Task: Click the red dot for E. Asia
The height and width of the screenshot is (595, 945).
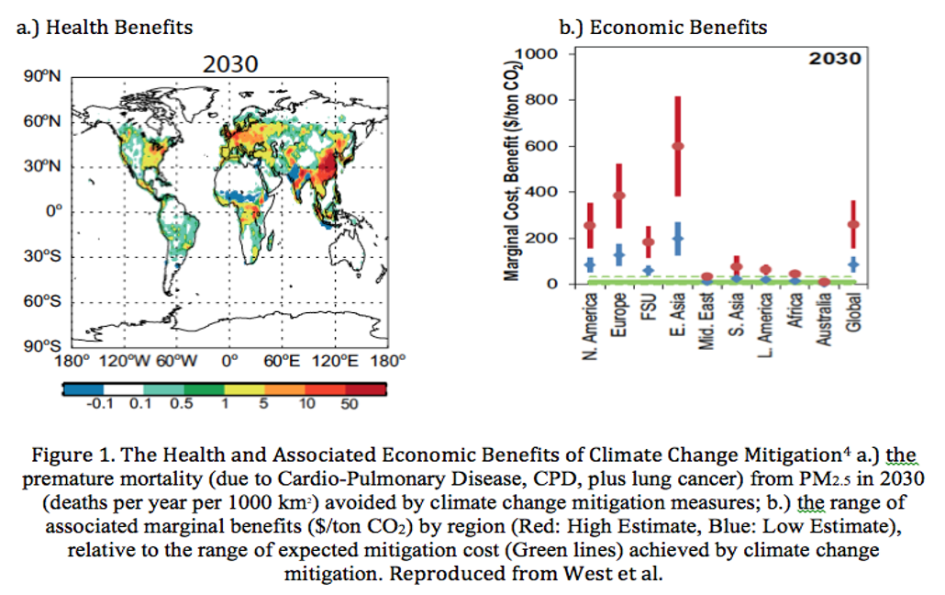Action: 678,146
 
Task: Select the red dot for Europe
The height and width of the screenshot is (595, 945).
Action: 619,196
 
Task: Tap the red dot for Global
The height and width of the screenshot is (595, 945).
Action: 853,224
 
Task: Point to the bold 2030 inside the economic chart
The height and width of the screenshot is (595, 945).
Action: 834,60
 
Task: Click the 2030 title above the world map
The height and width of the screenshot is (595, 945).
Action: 230,65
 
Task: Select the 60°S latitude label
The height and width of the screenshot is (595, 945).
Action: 42,301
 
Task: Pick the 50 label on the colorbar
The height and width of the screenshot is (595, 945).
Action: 349,405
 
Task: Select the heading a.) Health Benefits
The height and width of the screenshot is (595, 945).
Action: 106,28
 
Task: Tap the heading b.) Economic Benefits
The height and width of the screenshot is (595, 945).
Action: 665,28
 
